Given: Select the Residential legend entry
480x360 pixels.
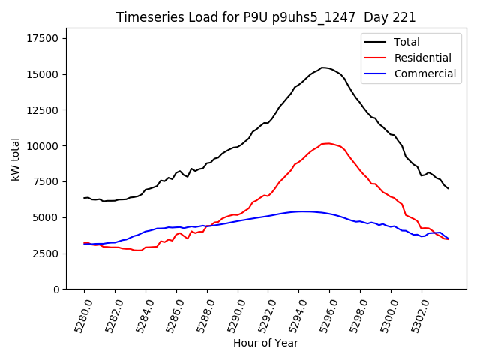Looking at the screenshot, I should click(x=422, y=58).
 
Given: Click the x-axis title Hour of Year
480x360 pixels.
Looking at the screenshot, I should click(x=265, y=343).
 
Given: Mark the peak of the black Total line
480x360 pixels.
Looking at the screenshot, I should click(x=322, y=67).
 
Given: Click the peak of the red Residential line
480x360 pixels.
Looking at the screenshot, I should click(x=328, y=143).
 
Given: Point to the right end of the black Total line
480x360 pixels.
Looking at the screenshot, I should click(x=448, y=188).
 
